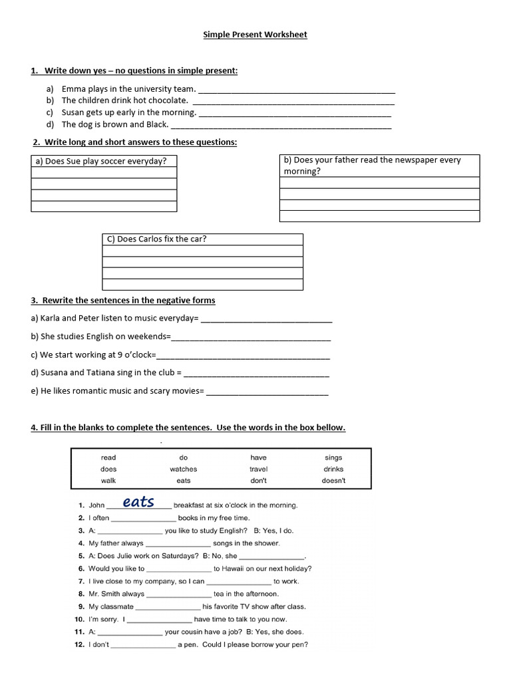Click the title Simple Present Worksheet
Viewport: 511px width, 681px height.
coord(255,35)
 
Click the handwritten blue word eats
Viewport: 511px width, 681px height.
coord(139,502)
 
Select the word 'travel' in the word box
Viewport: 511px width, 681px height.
coord(258,469)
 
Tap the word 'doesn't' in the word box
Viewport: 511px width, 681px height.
coord(333,480)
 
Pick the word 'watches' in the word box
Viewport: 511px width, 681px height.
coord(184,469)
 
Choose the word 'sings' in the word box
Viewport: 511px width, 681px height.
coord(333,458)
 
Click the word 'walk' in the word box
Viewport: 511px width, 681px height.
coord(108,480)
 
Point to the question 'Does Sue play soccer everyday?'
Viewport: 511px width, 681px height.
coord(100,161)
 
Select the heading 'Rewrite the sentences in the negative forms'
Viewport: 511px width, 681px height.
coord(130,301)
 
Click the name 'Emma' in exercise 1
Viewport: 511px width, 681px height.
coord(73,88)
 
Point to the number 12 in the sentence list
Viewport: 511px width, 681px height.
coord(79,644)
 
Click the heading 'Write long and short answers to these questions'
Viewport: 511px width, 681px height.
coord(140,142)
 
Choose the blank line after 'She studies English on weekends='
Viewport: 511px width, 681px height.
coord(251,338)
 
